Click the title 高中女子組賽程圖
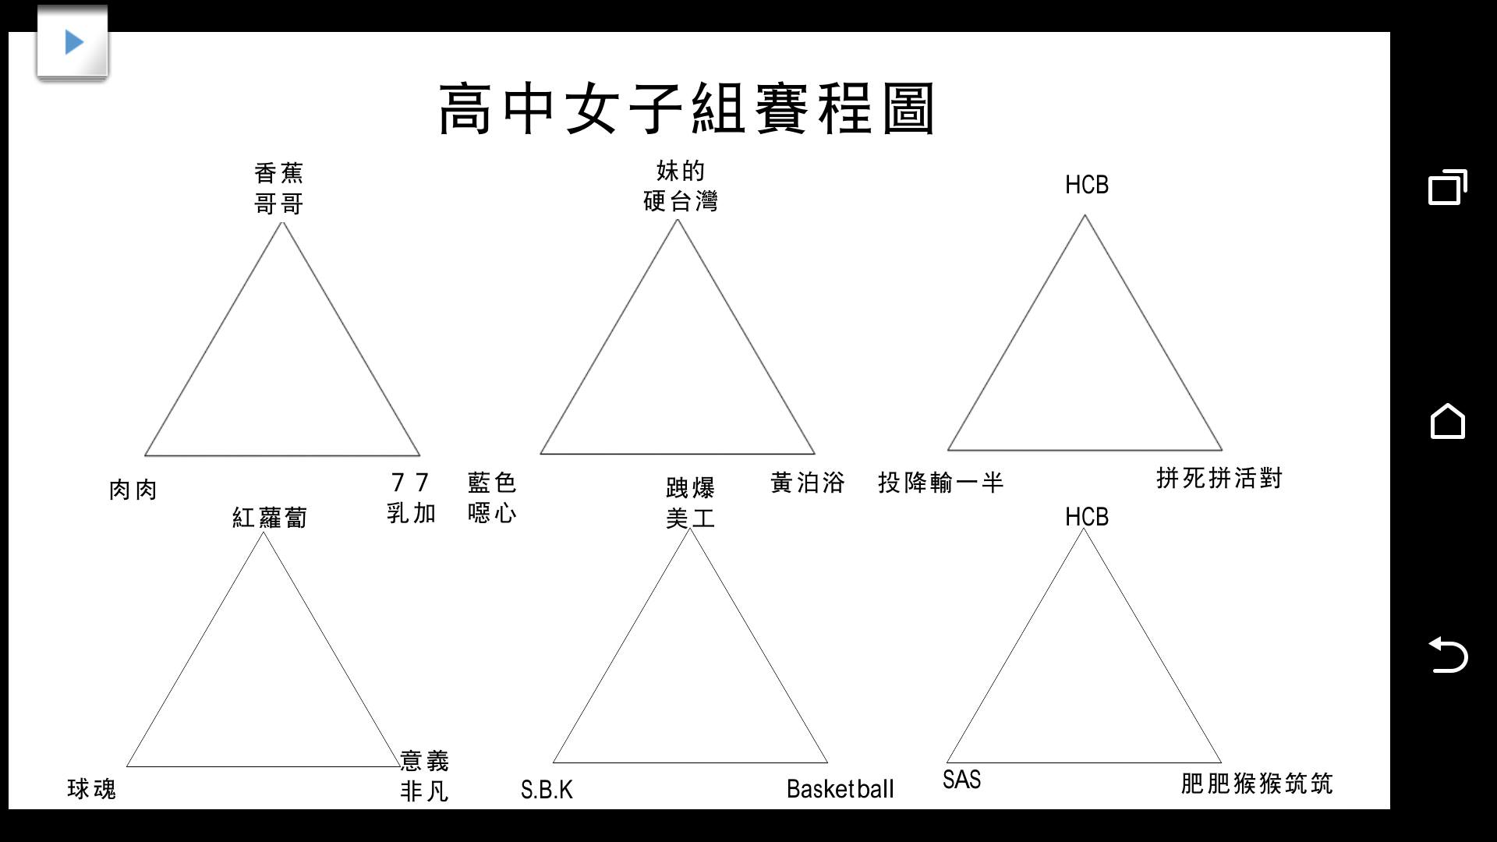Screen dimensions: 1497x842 point(687,109)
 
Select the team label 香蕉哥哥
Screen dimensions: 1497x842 point(279,188)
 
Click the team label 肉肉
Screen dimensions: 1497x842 point(133,490)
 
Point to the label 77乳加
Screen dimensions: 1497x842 point(412,497)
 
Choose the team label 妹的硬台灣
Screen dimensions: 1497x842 point(681,186)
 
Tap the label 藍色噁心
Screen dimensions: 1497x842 point(492,497)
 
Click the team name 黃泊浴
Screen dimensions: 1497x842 point(808,483)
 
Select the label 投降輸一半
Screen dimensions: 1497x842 point(941,483)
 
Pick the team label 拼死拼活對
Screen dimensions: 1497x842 point(1219,478)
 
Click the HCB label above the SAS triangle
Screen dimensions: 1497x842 point(1087,517)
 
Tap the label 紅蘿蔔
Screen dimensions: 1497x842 point(270,517)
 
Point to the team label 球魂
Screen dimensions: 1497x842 point(92,789)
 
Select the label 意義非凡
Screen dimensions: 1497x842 point(425,776)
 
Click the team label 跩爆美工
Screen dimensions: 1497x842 point(691,503)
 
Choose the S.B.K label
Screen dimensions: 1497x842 point(547,790)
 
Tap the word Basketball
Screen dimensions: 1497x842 point(841,789)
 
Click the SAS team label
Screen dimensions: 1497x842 point(962,780)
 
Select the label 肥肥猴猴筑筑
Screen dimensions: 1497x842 point(1257,784)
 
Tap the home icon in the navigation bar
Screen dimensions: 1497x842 point(1448,421)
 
